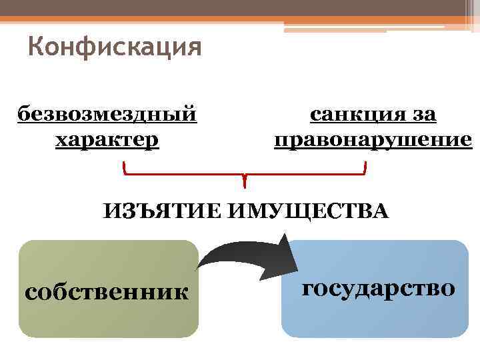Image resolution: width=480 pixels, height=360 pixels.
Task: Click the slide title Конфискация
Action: [x=115, y=48]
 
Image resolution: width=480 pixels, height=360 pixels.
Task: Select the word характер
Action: [x=107, y=139]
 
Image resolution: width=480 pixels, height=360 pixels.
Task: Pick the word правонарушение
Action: [x=373, y=140]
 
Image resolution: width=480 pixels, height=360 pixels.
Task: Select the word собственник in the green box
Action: [x=106, y=291]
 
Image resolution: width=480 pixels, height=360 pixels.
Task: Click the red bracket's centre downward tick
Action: [x=245, y=181]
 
